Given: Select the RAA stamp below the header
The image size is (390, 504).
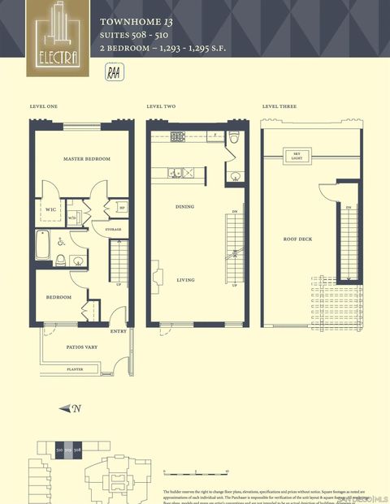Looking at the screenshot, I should [115, 71].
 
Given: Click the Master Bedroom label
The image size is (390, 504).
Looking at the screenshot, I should [87, 158].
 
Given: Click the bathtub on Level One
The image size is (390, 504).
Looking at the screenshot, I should [42, 242].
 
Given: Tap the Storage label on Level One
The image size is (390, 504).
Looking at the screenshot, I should [113, 230].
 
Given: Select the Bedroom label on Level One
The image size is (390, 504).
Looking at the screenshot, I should [58, 297].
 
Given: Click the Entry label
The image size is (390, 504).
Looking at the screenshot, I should [118, 331].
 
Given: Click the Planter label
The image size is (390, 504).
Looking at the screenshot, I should [75, 369].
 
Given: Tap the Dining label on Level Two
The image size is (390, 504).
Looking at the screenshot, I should [185, 207].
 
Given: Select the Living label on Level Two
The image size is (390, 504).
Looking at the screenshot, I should [185, 280].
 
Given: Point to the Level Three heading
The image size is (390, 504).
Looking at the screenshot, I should [279, 106].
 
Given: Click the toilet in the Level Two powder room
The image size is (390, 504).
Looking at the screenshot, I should [232, 137].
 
